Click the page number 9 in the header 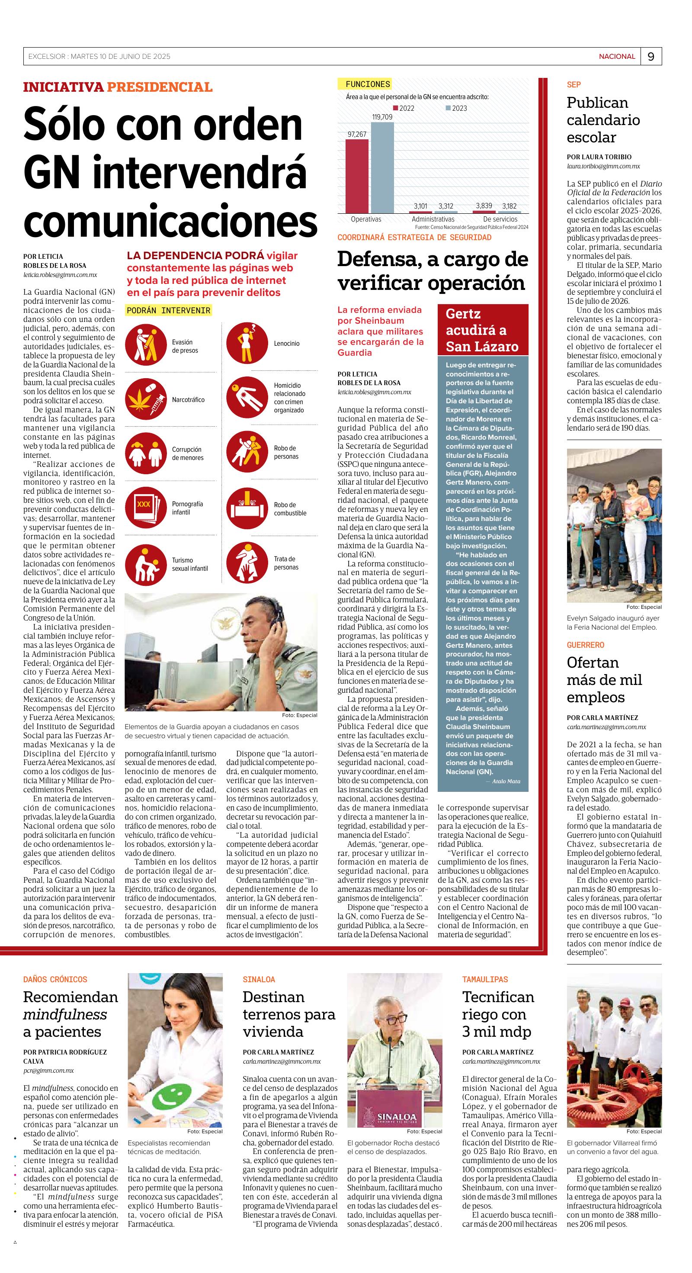point(650,57)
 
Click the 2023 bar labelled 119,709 point(382,167)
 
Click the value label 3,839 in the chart point(484,206)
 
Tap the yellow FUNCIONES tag point(368,84)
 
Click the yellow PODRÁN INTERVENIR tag point(168,310)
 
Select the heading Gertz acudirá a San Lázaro point(482,330)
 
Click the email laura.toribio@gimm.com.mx point(603,167)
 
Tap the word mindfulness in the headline point(65,1015)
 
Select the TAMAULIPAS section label point(484,980)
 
